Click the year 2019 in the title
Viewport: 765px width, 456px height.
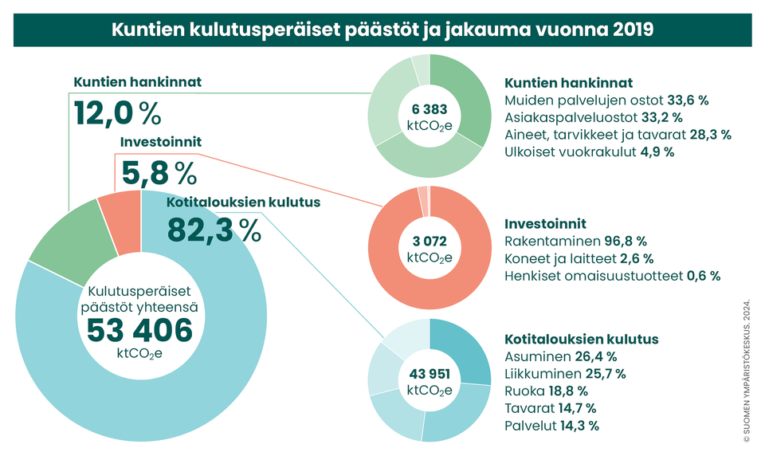633,29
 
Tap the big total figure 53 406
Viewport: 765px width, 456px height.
139,329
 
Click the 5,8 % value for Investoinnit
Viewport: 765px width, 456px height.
158,171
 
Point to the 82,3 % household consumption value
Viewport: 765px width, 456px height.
214,230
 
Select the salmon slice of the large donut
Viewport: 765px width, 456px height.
120,214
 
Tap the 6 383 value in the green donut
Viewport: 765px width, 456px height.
430,109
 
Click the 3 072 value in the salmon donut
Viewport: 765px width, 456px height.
430,240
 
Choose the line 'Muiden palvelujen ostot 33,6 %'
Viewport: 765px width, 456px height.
607,100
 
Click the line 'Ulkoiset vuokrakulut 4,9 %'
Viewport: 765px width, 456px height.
590,151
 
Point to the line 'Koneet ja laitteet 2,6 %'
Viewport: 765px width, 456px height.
579,258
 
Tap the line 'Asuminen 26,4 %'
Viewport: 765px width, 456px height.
561,356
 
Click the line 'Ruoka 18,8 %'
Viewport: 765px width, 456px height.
546,391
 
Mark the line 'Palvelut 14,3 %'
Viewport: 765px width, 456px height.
552,426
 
